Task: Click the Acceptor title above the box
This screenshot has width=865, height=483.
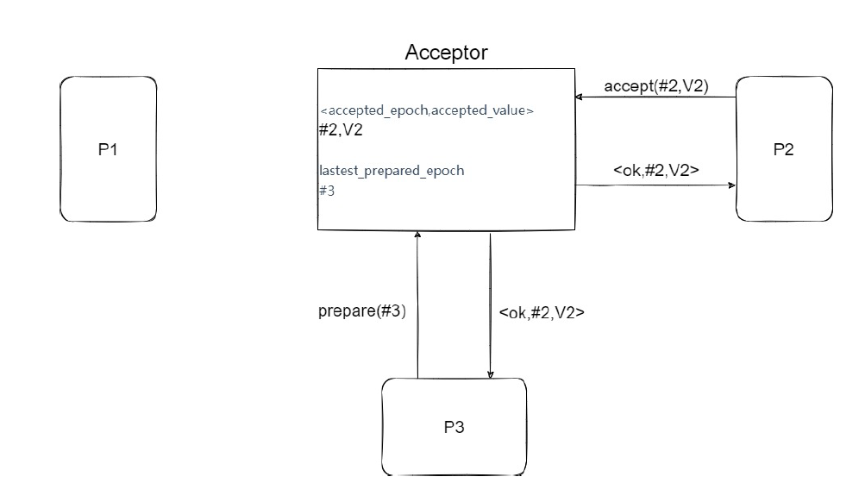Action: (446, 53)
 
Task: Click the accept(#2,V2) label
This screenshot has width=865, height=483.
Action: (656, 86)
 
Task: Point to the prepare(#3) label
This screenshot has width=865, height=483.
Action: (361, 312)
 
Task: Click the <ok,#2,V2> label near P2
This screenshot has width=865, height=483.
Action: (655, 171)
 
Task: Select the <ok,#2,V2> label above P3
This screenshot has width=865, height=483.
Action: (542, 313)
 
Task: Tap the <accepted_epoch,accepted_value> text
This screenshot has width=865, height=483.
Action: (427, 111)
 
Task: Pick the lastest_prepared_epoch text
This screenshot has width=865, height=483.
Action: (392, 171)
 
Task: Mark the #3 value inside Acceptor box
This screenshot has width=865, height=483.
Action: (327, 191)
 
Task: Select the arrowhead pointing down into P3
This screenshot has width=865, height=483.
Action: (491, 373)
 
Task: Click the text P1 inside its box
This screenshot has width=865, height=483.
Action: (108, 150)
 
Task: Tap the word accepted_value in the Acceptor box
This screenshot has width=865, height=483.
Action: (487, 111)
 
